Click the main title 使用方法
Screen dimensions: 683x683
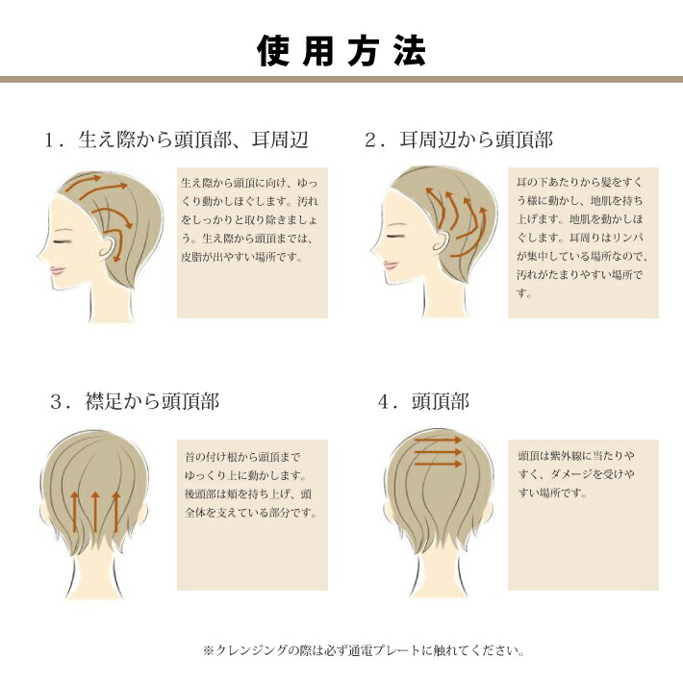[x=341, y=49]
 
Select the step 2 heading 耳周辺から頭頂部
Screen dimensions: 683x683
[x=460, y=140]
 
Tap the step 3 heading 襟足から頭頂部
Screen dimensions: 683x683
[x=135, y=401]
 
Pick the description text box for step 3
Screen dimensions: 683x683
[x=252, y=515]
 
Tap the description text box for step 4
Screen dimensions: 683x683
[x=583, y=515]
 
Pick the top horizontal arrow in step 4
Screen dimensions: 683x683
[x=437, y=441]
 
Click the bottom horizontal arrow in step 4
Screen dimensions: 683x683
[x=437, y=467]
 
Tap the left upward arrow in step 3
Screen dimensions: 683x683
[x=75, y=514]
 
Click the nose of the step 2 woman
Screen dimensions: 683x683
[x=373, y=255]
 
